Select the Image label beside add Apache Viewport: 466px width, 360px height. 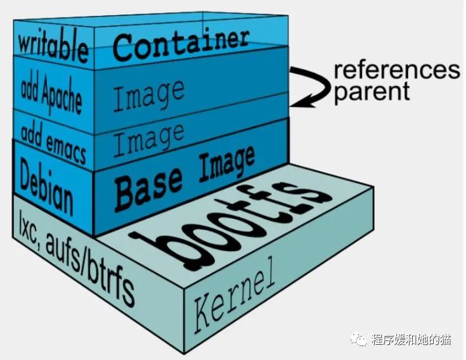(x=149, y=95)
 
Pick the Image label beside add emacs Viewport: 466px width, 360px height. (x=149, y=139)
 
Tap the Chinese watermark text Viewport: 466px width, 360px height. (x=411, y=340)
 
